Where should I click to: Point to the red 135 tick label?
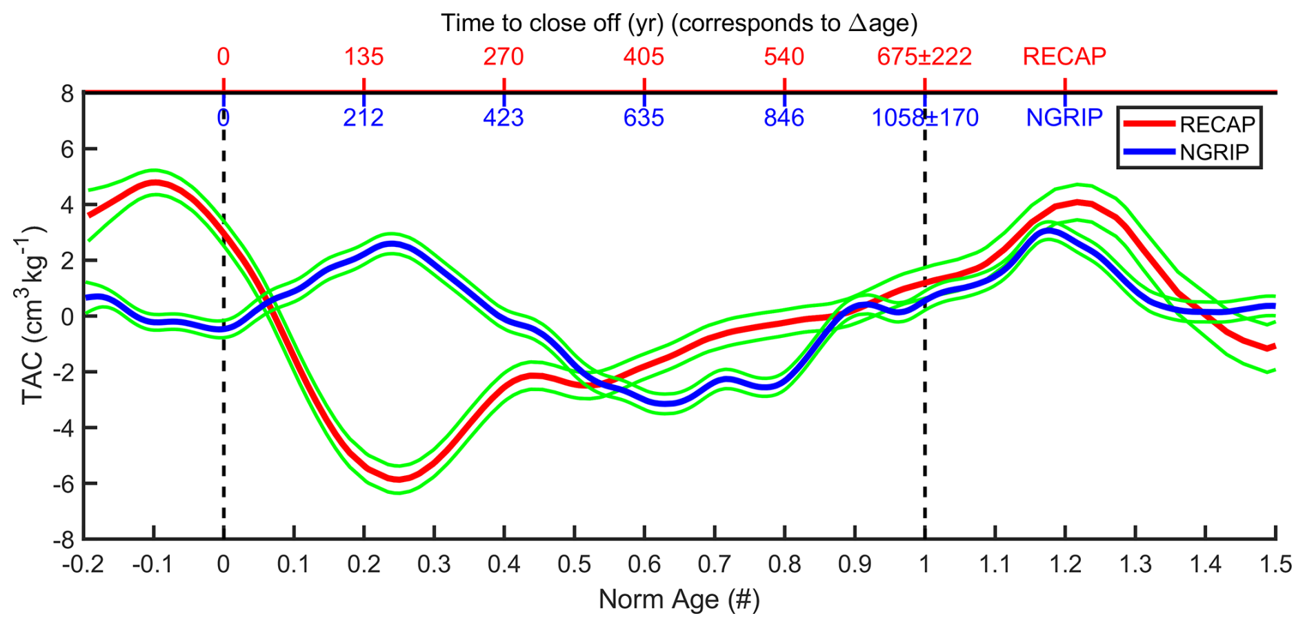pyautogui.click(x=363, y=57)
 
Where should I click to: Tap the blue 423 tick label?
pyautogui.click(x=504, y=118)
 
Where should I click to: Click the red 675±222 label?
pyautogui.click(x=924, y=57)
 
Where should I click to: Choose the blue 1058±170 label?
pyautogui.click(x=924, y=118)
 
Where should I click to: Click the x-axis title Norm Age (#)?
pyautogui.click(x=679, y=599)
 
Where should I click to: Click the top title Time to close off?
pyautogui.click(x=679, y=23)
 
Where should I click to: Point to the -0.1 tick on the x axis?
pyautogui.click(x=153, y=564)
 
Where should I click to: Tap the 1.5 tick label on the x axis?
pyautogui.click(x=1276, y=564)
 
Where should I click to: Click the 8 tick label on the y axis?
pyautogui.click(x=67, y=93)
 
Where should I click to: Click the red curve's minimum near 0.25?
pyautogui.click(x=399, y=479)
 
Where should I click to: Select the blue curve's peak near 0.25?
pyautogui.click(x=392, y=243)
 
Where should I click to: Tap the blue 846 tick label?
pyautogui.click(x=784, y=118)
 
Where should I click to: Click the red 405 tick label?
pyautogui.click(x=644, y=57)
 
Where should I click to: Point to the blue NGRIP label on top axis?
pyautogui.click(x=1064, y=118)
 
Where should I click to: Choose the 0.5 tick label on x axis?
pyautogui.click(x=574, y=564)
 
